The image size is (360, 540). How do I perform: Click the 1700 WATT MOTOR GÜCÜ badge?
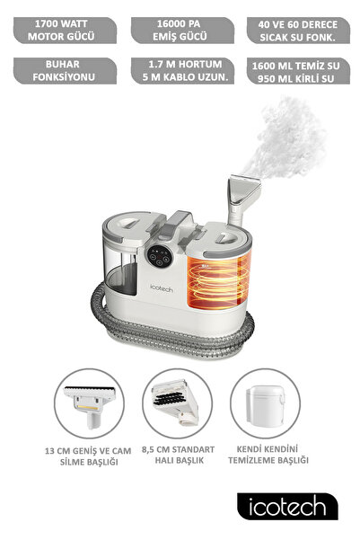click(x=65, y=31)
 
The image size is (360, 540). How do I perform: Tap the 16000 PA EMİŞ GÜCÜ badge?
click(x=182, y=31)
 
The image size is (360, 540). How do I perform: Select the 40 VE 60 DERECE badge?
click(x=298, y=31)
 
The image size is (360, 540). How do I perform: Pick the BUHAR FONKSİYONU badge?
click(x=65, y=71)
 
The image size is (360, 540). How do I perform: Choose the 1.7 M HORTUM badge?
click(x=182, y=71)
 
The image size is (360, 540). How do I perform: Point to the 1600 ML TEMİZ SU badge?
click(x=298, y=71)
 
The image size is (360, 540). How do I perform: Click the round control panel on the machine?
click(x=159, y=256)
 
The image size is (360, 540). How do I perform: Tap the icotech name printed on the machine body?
click(x=162, y=288)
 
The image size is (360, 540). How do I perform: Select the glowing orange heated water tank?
click(x=218, y=279)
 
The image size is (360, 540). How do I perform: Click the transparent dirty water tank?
click(x=121, y=270)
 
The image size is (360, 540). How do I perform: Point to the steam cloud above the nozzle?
click(x=287, y=137)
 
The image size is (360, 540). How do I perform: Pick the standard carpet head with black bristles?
click(x=176, y=402)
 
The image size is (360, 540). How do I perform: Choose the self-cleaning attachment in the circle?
click(x=266, y=405)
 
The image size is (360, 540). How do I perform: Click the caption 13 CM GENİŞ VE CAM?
click(x=88, y=451)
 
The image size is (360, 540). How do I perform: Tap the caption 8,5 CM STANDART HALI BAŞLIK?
click(x=179, y=455)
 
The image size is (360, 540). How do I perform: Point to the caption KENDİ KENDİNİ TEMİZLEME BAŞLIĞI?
click(x=268, y=455)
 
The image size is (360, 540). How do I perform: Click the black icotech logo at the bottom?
click(x=287, y=506)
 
